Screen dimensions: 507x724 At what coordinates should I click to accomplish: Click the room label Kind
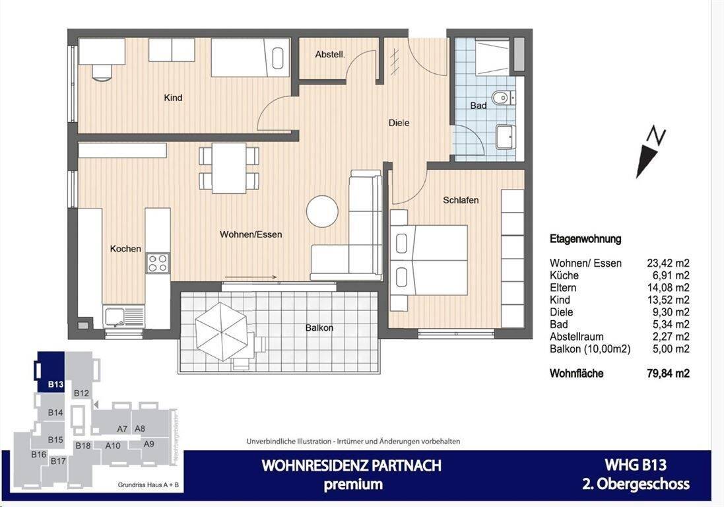173,98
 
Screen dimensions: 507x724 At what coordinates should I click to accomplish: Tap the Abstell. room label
329,55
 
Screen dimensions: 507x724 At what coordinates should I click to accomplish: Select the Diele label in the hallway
399,123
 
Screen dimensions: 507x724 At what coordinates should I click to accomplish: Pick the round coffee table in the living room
322,211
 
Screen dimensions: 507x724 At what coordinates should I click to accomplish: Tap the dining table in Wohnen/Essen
229,168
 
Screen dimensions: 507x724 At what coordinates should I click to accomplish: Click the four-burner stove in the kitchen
157,263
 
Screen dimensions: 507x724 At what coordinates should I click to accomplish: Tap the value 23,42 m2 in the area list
668,263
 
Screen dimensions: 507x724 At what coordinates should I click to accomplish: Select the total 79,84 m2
668,373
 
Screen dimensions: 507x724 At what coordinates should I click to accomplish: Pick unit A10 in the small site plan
113,445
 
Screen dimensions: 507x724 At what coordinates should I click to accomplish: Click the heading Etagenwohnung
585,239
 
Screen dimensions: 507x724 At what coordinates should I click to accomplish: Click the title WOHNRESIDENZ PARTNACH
352,465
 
